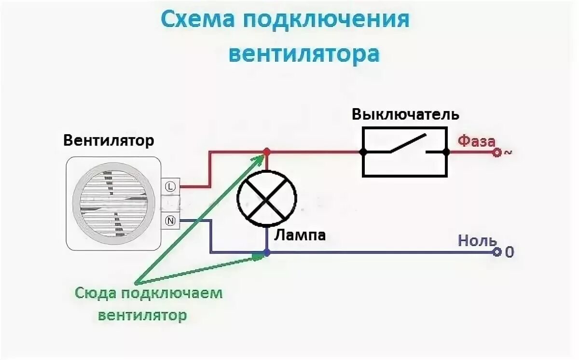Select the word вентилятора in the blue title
tap(303, 54)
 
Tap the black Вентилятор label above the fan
tap(109, 141)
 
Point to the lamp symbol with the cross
tap(267, 198)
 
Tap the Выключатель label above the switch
tap(405, 115)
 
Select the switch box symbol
tap(405, 152)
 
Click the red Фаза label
tap(476, 141)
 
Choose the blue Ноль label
tap(477, 241)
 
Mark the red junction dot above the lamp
tap(267, 152)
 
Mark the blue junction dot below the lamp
tap(267, 252)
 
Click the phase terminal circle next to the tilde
tap(496, 152)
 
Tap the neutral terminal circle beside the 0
tap(496, 252)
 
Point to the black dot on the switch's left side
tap(363, 152)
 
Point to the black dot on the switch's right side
tap(446, 152)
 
